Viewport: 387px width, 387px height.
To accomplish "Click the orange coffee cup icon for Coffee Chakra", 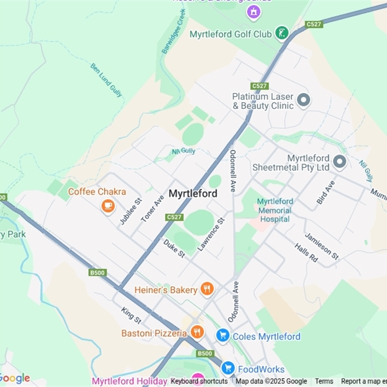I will [108, 206].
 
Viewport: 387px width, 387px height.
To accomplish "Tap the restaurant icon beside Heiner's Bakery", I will [207, 289].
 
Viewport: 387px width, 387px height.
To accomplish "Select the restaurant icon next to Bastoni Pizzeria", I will [196, 332].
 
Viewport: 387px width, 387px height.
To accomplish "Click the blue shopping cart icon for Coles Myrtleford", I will [223, 336].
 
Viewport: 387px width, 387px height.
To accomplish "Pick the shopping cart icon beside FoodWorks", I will [228, 369].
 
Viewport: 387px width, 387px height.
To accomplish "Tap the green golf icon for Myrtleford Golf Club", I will [281, 33].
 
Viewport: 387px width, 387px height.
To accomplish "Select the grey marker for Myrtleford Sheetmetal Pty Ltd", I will [340, 162].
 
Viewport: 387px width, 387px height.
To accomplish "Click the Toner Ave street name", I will [152, 208].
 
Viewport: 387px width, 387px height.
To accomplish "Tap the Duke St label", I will [174, 248].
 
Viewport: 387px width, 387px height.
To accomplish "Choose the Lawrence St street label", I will [211, 234].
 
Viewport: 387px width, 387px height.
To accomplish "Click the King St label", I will [131, 315].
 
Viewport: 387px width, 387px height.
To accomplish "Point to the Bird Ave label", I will [325, 193].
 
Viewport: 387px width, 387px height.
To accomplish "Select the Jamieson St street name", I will [322, 245].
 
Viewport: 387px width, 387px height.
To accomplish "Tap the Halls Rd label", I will [306, 253].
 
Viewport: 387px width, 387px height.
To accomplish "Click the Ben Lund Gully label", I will [106, 79].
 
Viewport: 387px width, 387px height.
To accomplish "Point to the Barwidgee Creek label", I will [174, 37].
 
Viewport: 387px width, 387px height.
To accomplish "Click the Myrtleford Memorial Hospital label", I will [275, 210].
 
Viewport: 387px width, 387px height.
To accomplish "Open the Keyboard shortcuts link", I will [199, 381].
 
